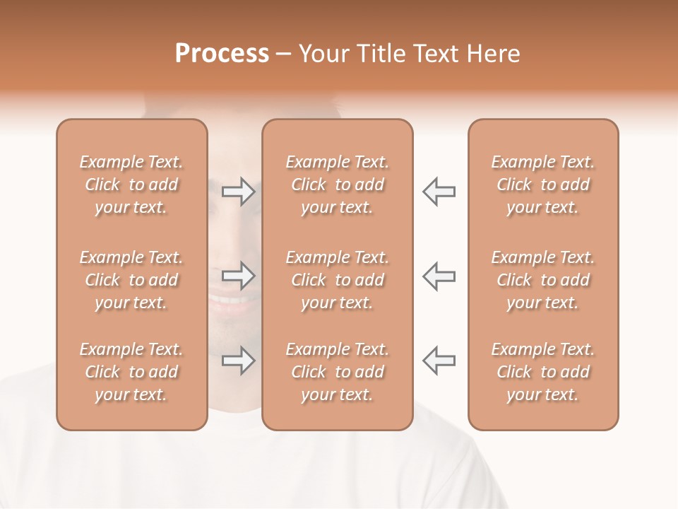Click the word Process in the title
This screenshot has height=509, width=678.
tap(222, 53)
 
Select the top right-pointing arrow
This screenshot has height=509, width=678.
tap(238, 191)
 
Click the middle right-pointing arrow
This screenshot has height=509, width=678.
tap(238, 276)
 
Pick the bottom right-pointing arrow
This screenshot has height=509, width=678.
tap(238, 361)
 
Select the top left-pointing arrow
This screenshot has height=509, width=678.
tap(439, 191)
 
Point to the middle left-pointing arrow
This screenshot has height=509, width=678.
tap(439, 276)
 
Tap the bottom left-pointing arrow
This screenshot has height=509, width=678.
tap(439, 361)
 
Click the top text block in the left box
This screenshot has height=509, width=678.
tap(131, 185)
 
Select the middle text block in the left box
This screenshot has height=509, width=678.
tap(131, 280)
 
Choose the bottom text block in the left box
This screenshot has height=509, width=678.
tap(131, 372)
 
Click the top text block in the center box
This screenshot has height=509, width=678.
tap(337, 185)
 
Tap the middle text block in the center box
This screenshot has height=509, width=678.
tap(337, 280)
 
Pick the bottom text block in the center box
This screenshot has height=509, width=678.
tap(337, 372)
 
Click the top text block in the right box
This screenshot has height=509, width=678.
tap(542, 185)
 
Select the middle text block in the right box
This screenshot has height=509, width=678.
tap(542, 280)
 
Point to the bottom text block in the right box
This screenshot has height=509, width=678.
tap(542, 372)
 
